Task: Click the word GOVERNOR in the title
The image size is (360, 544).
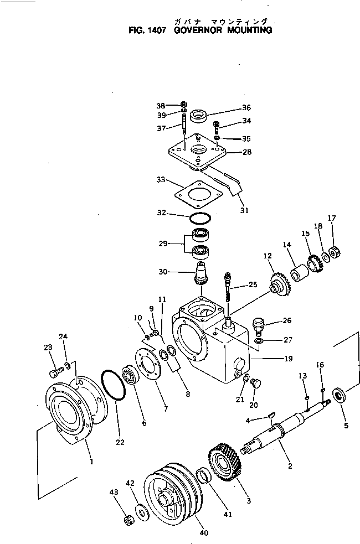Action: point(196,30)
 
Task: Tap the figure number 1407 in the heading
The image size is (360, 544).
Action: point(156,30)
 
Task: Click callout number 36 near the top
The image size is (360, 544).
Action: point(231,108)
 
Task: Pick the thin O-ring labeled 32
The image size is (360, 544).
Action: point(199,216)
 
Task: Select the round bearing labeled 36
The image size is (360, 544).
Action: point(199,117)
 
